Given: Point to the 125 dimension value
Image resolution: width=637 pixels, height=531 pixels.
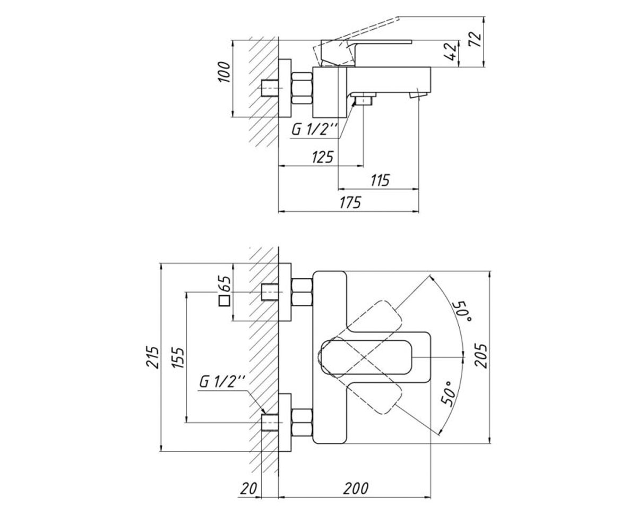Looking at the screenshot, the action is [x=322, y=157].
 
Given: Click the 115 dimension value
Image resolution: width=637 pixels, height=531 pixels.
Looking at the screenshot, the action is [x=380, y=180].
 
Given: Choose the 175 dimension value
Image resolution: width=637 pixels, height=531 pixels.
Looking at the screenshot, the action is [x=350, y=202].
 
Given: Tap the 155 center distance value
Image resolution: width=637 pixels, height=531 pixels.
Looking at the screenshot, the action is [x=178, y=358].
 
